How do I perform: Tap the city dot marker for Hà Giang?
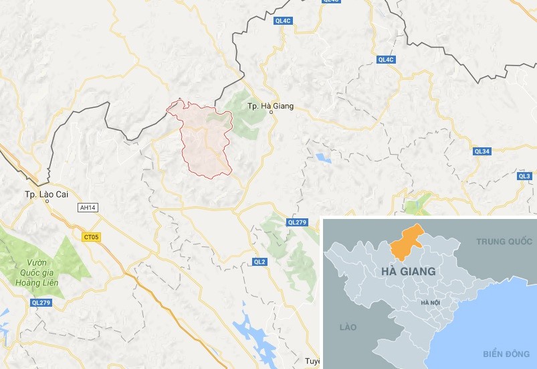click(271, 113)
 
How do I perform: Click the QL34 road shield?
click(481, 151)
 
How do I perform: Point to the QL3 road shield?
click(524, 175)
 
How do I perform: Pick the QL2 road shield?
click(260, 261)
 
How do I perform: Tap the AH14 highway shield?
click(88, 208)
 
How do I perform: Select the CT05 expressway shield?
click(91, 236)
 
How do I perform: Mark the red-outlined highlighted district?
click(206, 141)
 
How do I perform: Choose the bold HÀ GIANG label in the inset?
click(407, 271)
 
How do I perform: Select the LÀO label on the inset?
click(347, 327)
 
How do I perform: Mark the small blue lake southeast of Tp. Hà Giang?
click(324, 158)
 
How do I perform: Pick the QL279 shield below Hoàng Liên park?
click(41, 303)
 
